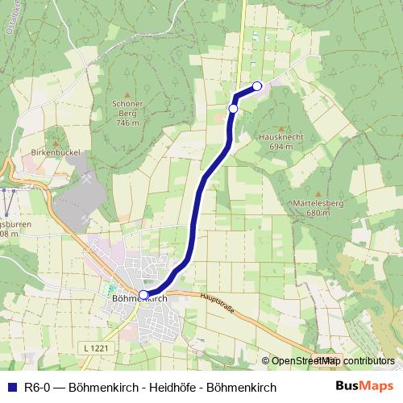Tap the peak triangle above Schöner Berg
(x=128, y=93)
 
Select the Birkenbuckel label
(x=53, y=152)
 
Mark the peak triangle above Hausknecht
(x=280, y=127)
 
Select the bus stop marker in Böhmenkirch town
(x=143, y=295)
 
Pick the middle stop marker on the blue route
(x=233, y=108)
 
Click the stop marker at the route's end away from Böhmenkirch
(x=257, y=86)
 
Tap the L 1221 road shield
(x=95, y=347)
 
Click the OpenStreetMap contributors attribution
(x=332, y=361)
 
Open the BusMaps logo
(x=364, y=386)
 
